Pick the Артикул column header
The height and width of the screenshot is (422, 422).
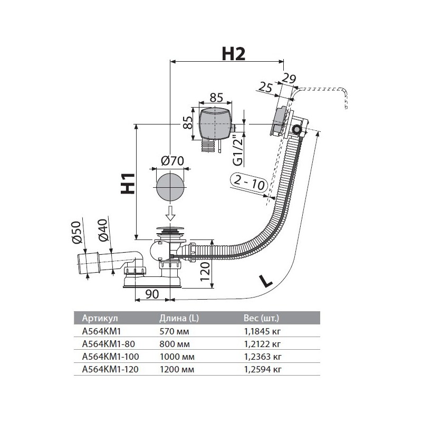pyautogui.click(x=99, y=318)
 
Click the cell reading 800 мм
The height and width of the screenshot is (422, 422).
pyautogui.click(x=174, y=343)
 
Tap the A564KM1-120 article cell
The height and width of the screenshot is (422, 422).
pyautogui.click(x=110, y=369)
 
